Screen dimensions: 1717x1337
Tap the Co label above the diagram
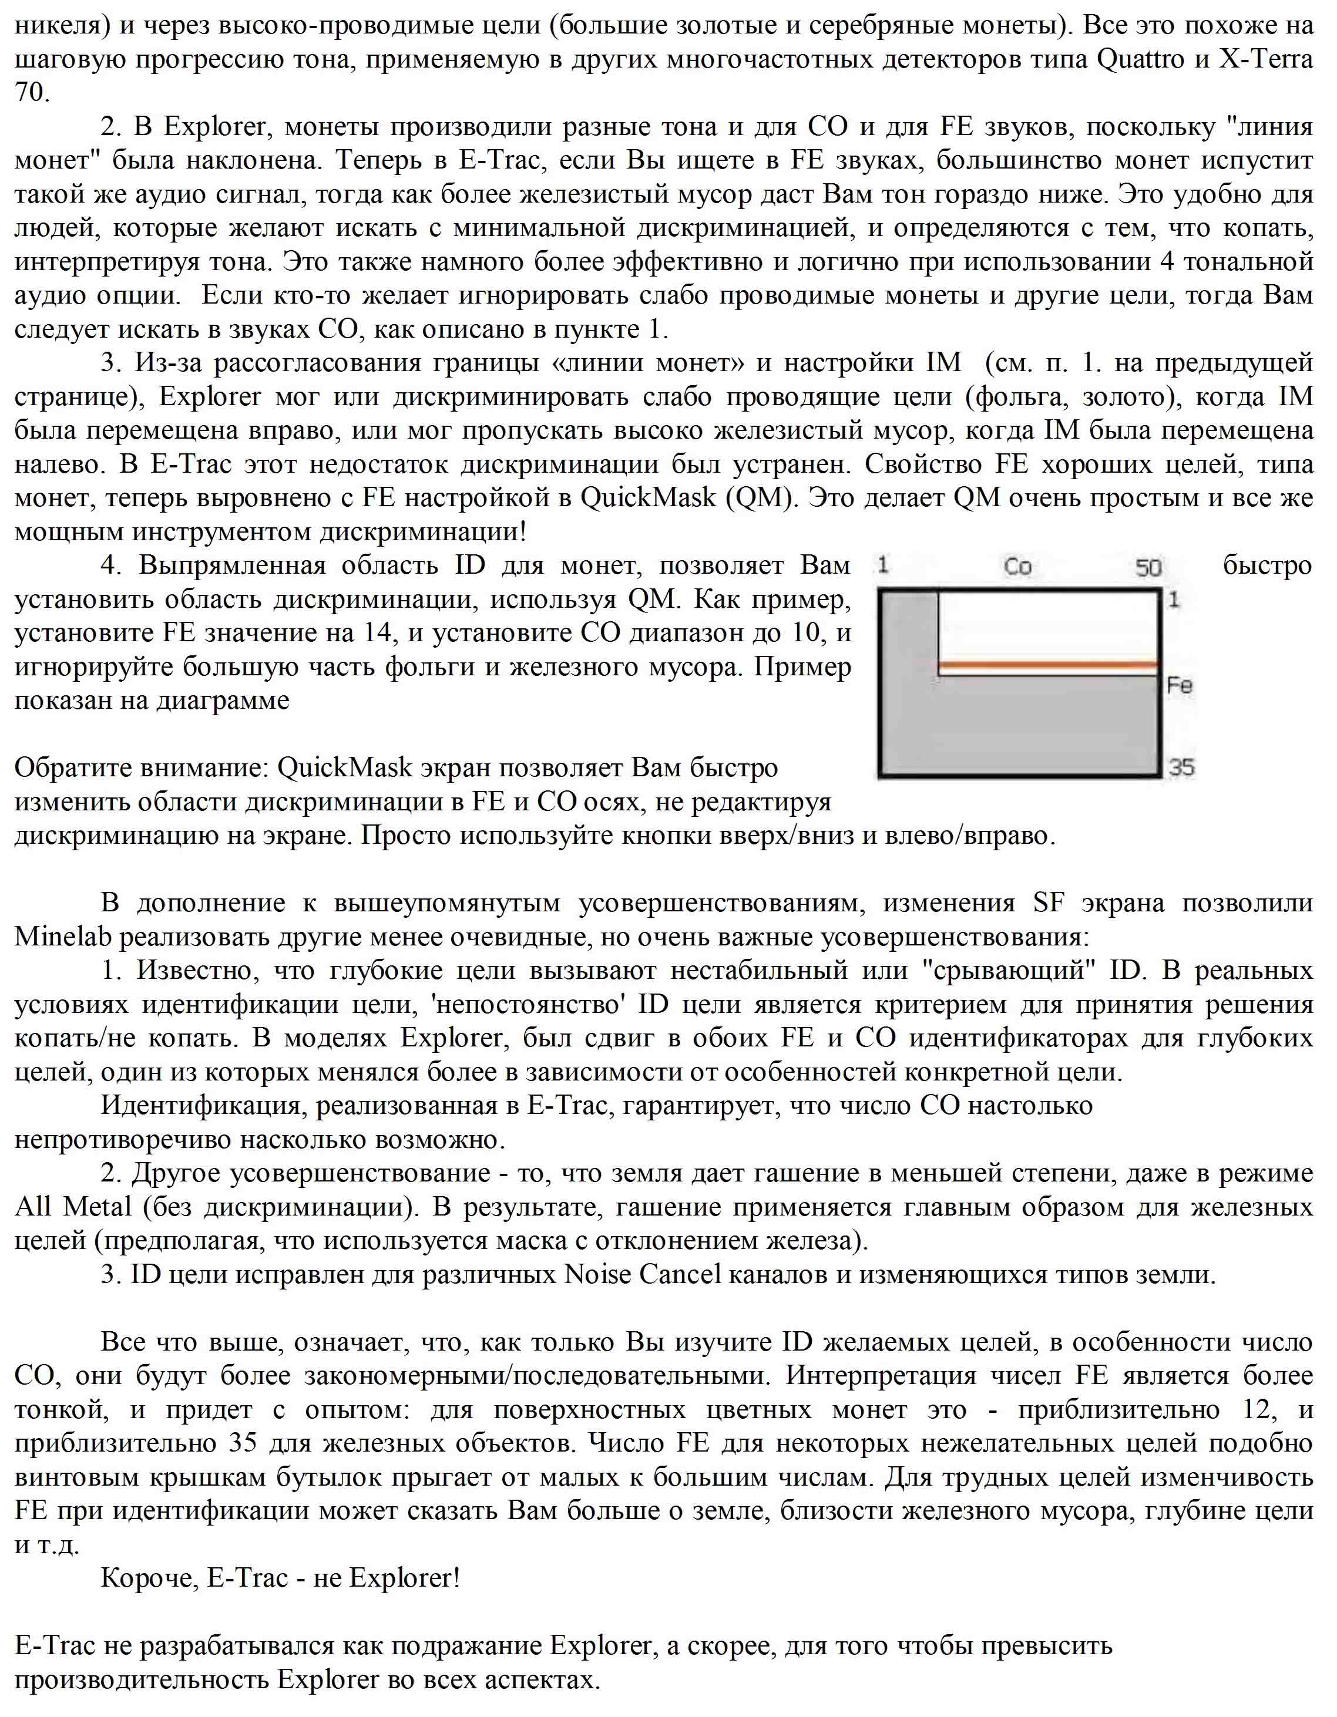coord(1017,567)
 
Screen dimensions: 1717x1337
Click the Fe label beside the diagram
coord(1180,685)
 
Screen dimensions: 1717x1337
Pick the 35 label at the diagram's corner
coord(1181,766)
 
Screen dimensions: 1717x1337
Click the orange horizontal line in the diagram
coord(1049,666)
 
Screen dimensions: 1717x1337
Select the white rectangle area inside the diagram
coord(1049,625)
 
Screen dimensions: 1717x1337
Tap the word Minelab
coord(63,937)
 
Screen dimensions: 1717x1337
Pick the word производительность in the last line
coord(142,1679)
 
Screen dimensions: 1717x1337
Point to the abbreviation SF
coord(1049,903)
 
